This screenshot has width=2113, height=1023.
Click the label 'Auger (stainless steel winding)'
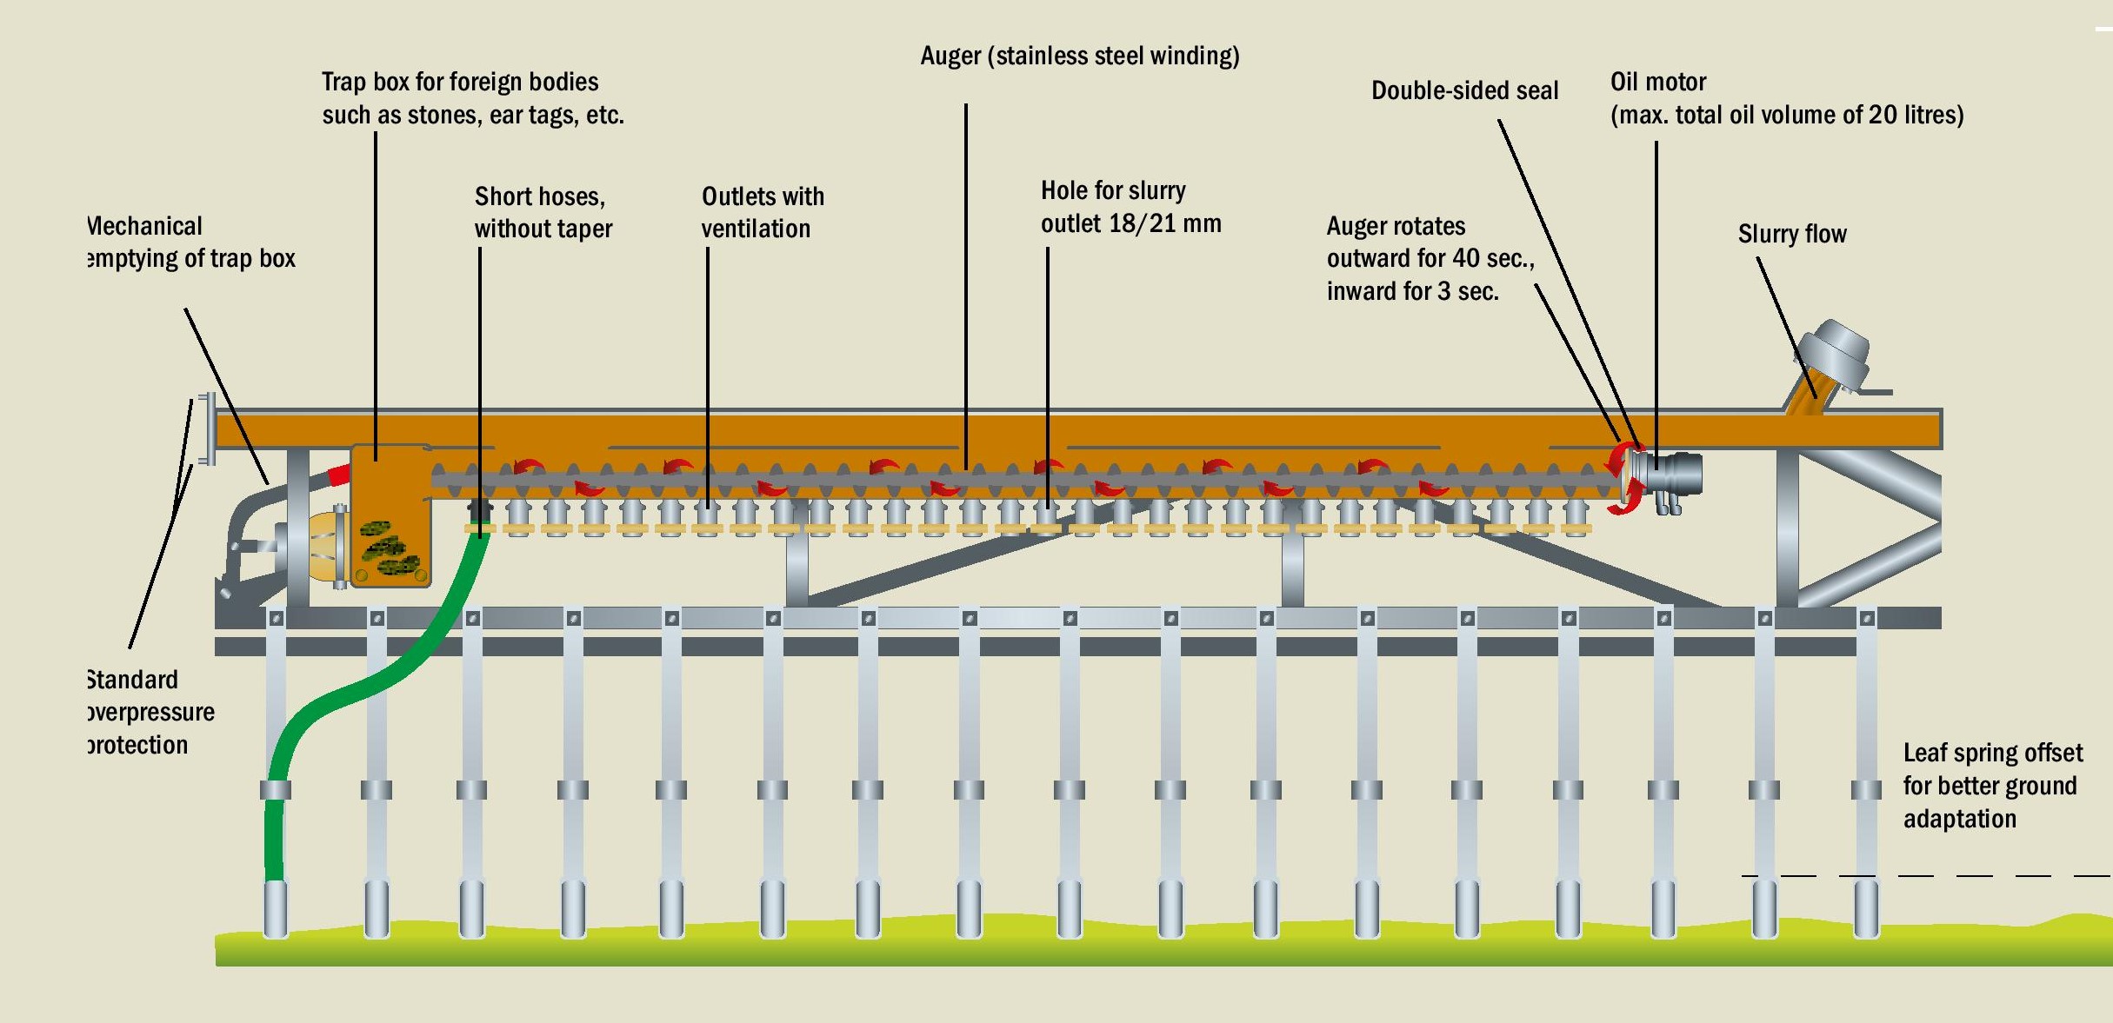pos(1079,56)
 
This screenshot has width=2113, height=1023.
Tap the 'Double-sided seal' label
pos(1464,90)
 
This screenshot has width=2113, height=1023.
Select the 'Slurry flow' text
pos(1791,234)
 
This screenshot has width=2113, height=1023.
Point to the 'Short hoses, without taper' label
pos(543,212)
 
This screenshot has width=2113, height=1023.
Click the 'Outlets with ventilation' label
pos(762,212)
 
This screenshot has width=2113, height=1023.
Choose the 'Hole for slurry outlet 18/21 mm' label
pos(1130,207)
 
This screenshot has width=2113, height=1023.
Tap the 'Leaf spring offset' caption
pos(1992,753)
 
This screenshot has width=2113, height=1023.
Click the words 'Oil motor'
pos(1657,82)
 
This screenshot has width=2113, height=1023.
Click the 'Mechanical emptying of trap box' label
pos(190,242)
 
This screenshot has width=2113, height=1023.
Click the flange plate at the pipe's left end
pos(207,428)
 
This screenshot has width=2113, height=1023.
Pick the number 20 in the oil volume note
pos(1883,115)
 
